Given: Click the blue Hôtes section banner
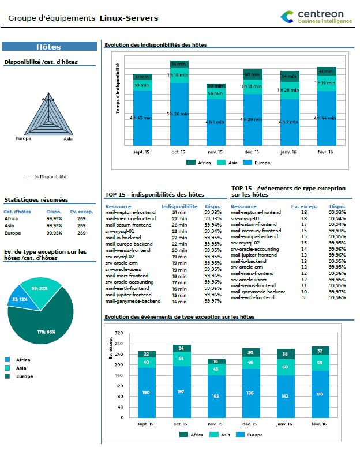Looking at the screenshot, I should (49, 47).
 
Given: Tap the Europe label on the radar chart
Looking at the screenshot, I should (23, 139).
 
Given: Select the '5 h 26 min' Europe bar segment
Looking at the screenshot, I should (179, 114).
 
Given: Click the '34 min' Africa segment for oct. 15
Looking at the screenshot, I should (179, 64).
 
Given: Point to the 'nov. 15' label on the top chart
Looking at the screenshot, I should (216, 152).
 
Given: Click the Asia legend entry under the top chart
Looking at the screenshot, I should (228, 163).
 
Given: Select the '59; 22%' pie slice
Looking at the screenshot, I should (40, 288).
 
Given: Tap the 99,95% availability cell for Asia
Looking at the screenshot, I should (54, 226).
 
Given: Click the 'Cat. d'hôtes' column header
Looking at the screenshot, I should (17, 212).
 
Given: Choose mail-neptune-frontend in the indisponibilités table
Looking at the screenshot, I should (130, 212).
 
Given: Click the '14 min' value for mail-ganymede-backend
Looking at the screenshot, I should (179, 301).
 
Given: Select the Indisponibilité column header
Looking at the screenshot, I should (179, 206).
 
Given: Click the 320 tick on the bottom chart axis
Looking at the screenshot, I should (119, 333).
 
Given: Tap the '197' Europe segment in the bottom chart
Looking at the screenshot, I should (182, 392).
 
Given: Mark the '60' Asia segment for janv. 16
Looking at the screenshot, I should (285, 367).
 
